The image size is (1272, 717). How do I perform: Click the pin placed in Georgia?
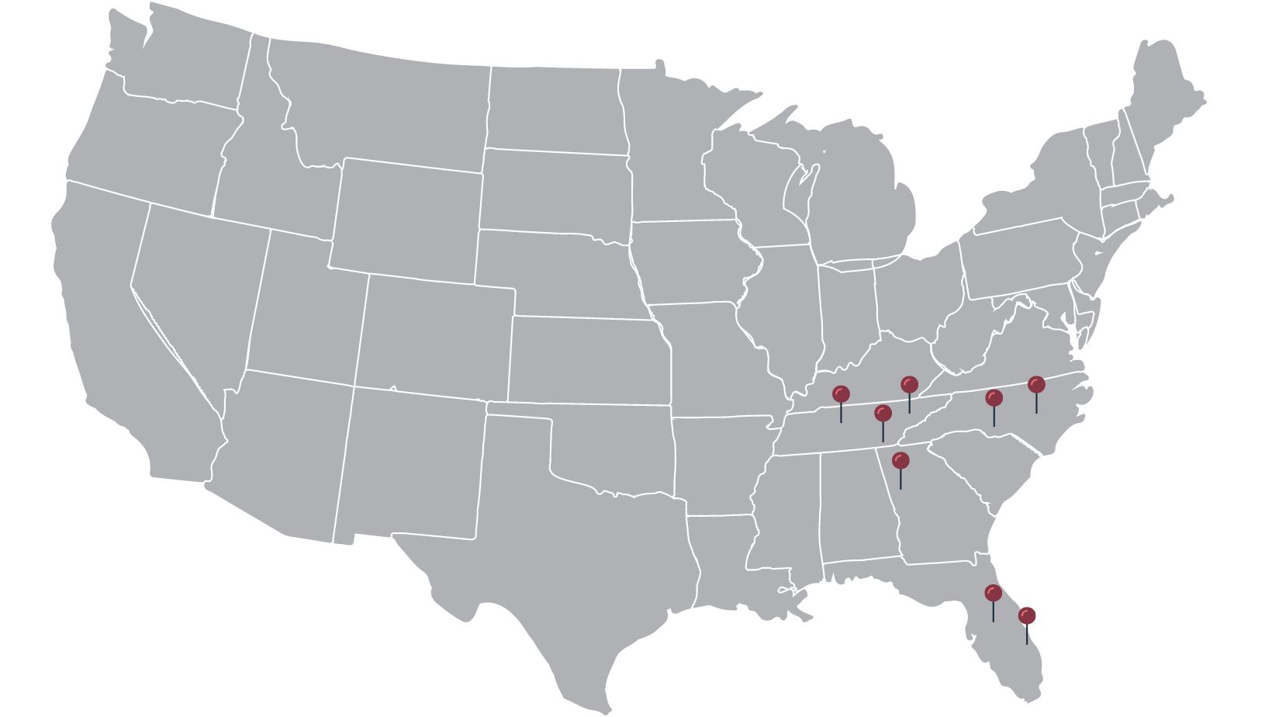click(900, 461)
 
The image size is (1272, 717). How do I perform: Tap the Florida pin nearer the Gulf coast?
click(993, 594)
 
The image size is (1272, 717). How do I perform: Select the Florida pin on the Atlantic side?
click(1027, 616)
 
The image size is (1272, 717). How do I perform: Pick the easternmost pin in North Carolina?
click(1036, 385)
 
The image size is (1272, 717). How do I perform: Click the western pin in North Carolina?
click(994, 398)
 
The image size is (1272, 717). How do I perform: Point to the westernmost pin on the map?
click(841, 394)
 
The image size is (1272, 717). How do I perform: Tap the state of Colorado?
click(434, 334)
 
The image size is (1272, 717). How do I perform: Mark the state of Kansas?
click(589, 361)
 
